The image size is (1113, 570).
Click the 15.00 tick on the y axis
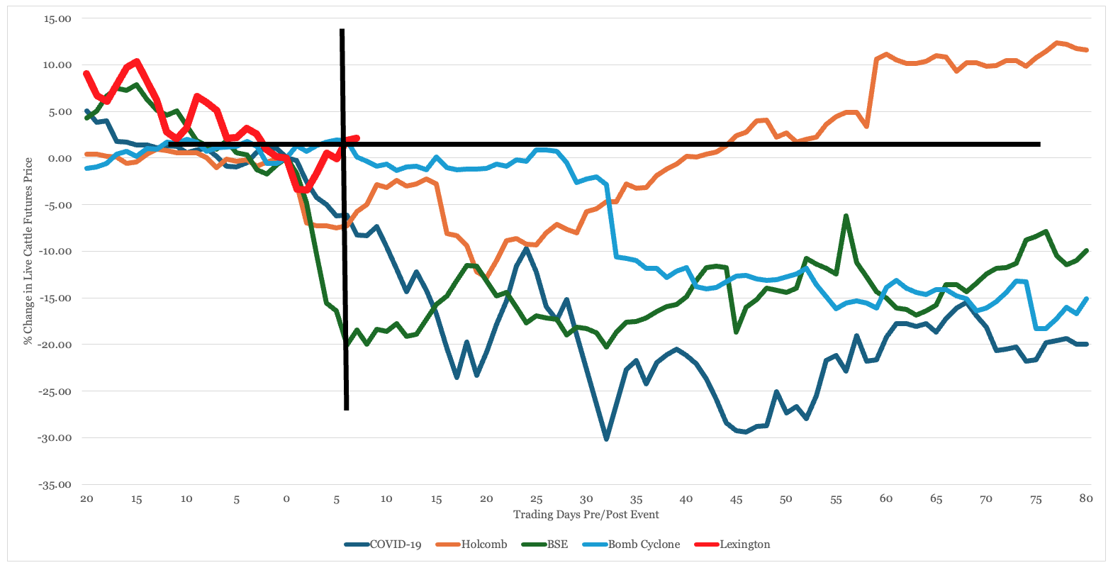[57, 19]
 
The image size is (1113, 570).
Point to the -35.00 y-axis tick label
[56, 485]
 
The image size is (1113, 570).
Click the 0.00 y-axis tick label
[60, 159]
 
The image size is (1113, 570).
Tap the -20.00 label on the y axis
[56, 345]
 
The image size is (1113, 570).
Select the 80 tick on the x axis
[1085, 499]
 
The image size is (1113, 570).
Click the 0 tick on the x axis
[286, 499]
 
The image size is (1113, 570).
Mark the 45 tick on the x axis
[736, 499]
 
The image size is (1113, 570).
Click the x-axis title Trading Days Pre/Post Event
[586, 515]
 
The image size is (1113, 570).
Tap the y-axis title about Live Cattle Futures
[28, 251]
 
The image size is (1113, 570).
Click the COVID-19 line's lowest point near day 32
[606, 439]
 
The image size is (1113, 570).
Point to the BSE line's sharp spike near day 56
[846, 216]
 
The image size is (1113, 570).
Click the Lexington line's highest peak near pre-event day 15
[136, 61]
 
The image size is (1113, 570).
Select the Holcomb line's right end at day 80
[1087, 50]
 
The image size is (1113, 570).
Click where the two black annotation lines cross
[343, 145]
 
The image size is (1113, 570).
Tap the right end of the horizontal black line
[1039, 145]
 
